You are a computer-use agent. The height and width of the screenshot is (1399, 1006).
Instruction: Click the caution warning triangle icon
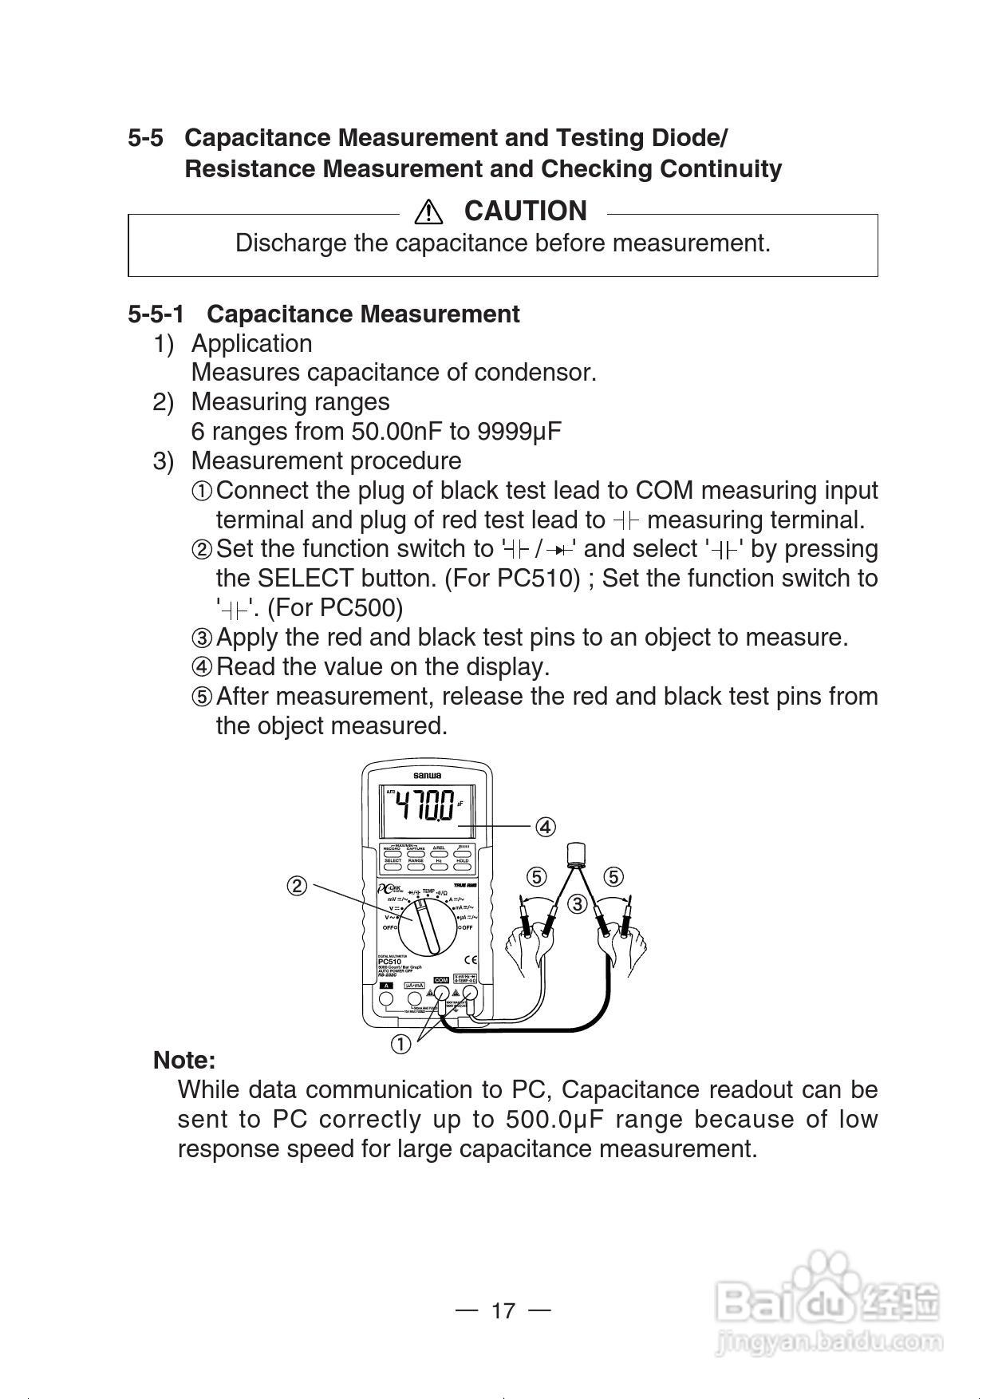pos(428,211)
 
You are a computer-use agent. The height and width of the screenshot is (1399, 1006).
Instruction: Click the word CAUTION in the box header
pos(525,211)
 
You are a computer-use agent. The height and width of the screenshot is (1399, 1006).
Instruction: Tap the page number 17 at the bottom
pos(503,1310)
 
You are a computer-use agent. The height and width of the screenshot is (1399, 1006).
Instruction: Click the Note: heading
pos(184,1061)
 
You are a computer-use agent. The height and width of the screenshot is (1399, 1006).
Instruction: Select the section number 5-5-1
pos(156,314)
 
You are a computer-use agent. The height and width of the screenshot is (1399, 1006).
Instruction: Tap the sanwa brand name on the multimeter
pos(427,776)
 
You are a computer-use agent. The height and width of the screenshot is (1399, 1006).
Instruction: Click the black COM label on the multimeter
pos(441,980)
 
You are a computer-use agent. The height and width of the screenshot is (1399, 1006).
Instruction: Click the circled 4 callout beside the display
pos(545,827)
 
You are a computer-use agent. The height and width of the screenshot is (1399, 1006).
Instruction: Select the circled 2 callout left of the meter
pos(297,886)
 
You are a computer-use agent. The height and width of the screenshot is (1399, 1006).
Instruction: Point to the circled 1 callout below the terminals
pos(400,1043)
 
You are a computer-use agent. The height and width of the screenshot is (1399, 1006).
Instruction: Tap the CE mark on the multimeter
pos(471,960)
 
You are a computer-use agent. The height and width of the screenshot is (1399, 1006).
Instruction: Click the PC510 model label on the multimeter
pos(389,962)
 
